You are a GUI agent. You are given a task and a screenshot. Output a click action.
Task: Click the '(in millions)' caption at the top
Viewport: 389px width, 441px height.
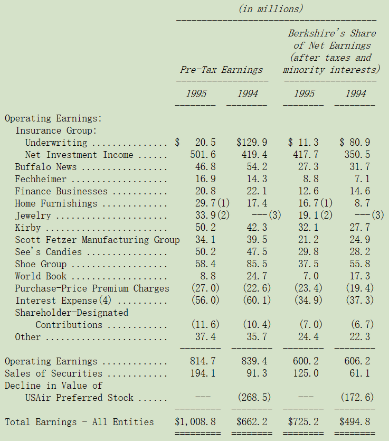[x=271, y=9]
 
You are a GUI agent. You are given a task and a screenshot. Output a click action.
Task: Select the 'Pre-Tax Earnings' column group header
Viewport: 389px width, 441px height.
[x=222, y=70]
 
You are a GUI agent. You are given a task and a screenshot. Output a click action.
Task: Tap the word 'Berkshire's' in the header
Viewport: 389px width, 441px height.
[x=316, y=33]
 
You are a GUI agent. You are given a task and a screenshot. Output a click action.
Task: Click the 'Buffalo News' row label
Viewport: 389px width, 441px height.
[x=46, y=167]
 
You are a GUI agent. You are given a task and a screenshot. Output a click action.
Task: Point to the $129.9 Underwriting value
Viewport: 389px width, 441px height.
[x=252, y=142]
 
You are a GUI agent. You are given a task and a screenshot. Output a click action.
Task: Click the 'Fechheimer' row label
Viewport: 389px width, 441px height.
[x=41, y=179]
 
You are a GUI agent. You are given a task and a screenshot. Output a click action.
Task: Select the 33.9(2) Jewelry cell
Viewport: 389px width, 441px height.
[x=213, y=215]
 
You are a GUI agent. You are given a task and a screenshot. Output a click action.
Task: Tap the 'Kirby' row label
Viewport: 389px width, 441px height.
[x=28, y=228]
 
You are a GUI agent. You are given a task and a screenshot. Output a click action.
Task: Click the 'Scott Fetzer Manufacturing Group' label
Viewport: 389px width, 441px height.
[x=97, y=240]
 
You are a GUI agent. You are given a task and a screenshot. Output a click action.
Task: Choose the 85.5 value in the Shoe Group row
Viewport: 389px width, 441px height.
[x=257, y=264]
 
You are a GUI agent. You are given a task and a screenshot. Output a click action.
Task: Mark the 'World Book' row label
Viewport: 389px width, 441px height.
[x=41, y=276]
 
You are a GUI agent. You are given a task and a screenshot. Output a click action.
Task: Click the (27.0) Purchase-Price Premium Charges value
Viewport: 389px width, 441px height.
[x=205, y=288]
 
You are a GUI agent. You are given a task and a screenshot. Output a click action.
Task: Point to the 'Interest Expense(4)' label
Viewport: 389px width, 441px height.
[x=63, y=301]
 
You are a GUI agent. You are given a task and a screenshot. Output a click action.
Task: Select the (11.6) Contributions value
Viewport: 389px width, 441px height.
[x=205, y=325]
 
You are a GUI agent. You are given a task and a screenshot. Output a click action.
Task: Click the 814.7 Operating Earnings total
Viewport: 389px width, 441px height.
[x=203, y=361]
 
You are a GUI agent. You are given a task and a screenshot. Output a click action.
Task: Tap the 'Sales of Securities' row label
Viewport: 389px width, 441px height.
[x=54, y=373]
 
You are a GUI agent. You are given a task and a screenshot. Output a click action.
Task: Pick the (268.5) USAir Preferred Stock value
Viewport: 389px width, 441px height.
[x=254, y=397]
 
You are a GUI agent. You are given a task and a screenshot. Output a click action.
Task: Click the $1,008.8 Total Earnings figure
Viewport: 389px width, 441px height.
[x=195, y=421]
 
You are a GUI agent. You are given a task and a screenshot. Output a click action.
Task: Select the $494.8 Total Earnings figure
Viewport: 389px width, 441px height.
[x=355, y=421]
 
